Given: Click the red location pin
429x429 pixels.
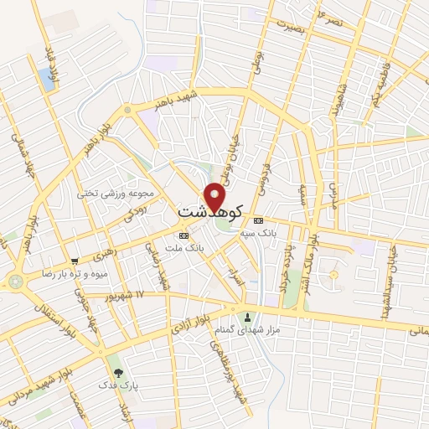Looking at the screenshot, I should click(215, 197).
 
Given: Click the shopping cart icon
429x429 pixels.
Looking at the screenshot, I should click(75, 261).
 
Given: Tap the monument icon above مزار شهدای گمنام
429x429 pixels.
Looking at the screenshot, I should click(247, 318).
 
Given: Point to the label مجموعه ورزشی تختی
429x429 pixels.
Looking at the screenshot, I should click(106, 194).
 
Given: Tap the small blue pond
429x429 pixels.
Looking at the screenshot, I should click(45, 80).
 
